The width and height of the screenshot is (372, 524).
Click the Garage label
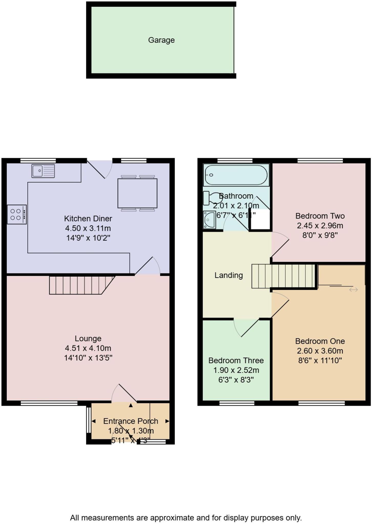[161, 40]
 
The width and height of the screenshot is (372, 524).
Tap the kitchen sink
[43, 171]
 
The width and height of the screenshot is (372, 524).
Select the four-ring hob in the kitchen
[17, 214]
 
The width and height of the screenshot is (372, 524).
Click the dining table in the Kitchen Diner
[137, 193]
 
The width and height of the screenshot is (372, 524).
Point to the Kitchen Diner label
[88, 219]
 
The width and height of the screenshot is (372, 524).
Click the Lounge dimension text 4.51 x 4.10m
[88, 348]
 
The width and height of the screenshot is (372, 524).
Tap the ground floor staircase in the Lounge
[79, 285]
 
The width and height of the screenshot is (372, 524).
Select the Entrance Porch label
[131, 421]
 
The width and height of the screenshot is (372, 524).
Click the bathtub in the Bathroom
[236, 175]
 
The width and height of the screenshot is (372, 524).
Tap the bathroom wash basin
[209, 220]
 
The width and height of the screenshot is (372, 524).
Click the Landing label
[229, 275]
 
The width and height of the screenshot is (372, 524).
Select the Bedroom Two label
[320, 216]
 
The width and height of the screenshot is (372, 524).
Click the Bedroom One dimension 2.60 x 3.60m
[320, 351]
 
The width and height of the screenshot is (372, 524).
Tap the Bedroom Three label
[236, 361]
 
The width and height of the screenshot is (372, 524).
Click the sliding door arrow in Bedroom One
[353, 290]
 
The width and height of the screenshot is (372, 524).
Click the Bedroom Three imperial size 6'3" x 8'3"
[236, 380]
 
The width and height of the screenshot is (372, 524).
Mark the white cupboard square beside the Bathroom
[260, 220]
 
